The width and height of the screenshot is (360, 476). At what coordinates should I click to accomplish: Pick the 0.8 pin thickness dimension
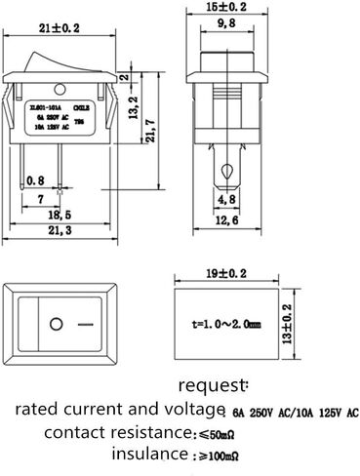click(x=37, y=178)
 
